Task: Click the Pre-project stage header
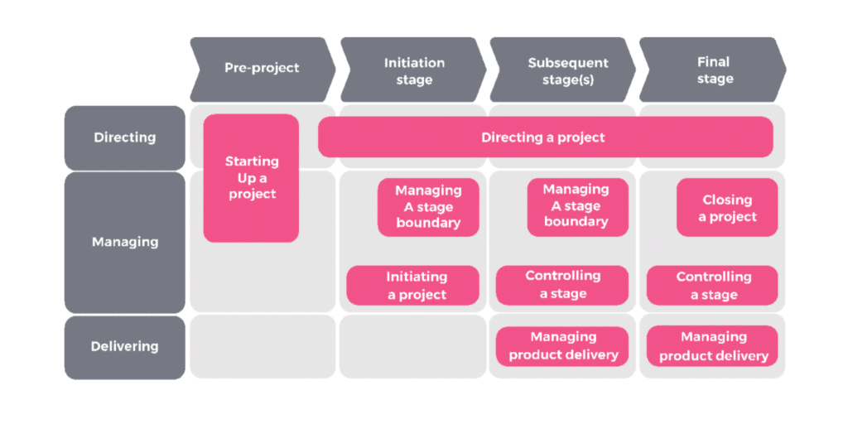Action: pyautogui.click(x=261, y=69)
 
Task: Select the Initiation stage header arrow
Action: pyautogui.click(x=413, y=70)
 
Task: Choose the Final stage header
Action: pyautogui.click(x=714, y=70)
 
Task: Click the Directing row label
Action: pyautogui.click(x=124, y=137)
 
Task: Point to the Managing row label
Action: pyautogui.click(x=124, y=242)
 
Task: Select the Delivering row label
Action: pyautogui.click(x=124, y=346)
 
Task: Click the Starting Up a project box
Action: pyautogui.click(x=251, y=177)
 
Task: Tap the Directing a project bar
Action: pyautogui.click(x=544, y=137)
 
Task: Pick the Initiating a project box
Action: pyautogui.click(x=412, y=286)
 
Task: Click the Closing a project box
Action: pyautogui.click(x=727, y=208)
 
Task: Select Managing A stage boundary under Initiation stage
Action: pyautogui.click(x=428, y=206)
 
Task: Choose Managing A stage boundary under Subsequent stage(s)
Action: pyautogui.click(x=576, y=206)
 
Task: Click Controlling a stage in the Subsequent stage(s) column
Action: pyautogui.click(x=562, y=285)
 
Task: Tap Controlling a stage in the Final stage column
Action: pyautogui.click(x=712, y=286)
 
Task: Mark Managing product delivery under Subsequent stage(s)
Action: pyautogui.click(x=562, y=346)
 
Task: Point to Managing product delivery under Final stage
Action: pyautogui.click(x=712, y=346)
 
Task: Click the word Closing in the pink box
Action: pyautogui.click(x=727, y=200)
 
